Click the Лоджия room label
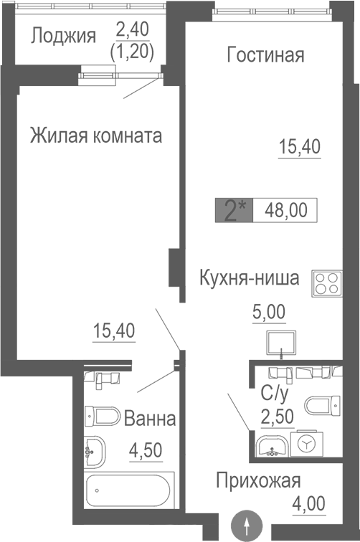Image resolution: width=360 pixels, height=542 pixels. click(x=63, y=36)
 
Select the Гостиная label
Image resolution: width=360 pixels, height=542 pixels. click(x=265, y=55)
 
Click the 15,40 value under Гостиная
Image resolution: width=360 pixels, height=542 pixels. click(x=299, y=148)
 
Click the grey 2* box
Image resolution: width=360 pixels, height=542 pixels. click(x=234, y=211)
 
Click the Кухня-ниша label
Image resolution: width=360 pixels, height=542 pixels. click(x=249, y=278)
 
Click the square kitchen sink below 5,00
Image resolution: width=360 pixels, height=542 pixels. click(x=280, y=343)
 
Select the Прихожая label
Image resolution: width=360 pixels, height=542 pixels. click(x=258, y=481)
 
